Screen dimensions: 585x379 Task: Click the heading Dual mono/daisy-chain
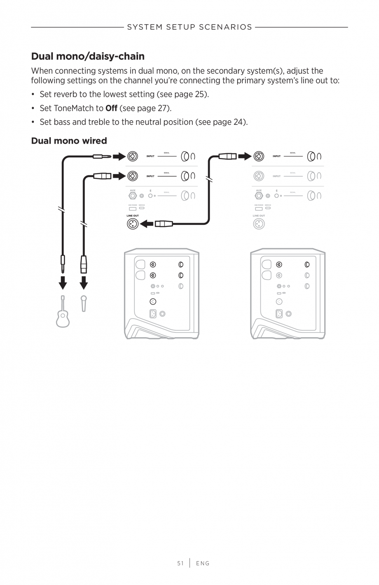(88, 56)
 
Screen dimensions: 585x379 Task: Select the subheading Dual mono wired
(69, 141)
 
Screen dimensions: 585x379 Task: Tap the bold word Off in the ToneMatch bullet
(111, 108)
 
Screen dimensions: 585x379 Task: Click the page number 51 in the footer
(180, 563)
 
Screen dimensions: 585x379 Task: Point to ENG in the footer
(203, 563)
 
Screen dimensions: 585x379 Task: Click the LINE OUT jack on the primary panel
(132, 224)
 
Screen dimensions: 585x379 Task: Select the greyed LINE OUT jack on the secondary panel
(259, 224)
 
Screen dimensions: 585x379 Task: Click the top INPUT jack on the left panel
(132, 156)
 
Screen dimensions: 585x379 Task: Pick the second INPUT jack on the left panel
(132, 176)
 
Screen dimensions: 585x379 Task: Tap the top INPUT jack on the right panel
(259, 156)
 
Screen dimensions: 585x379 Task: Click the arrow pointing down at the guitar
(63, 283)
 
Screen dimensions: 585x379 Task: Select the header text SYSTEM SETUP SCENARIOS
(189, 27)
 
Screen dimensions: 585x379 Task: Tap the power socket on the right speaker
(279, 314)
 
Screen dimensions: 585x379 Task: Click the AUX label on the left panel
(132, 191)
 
